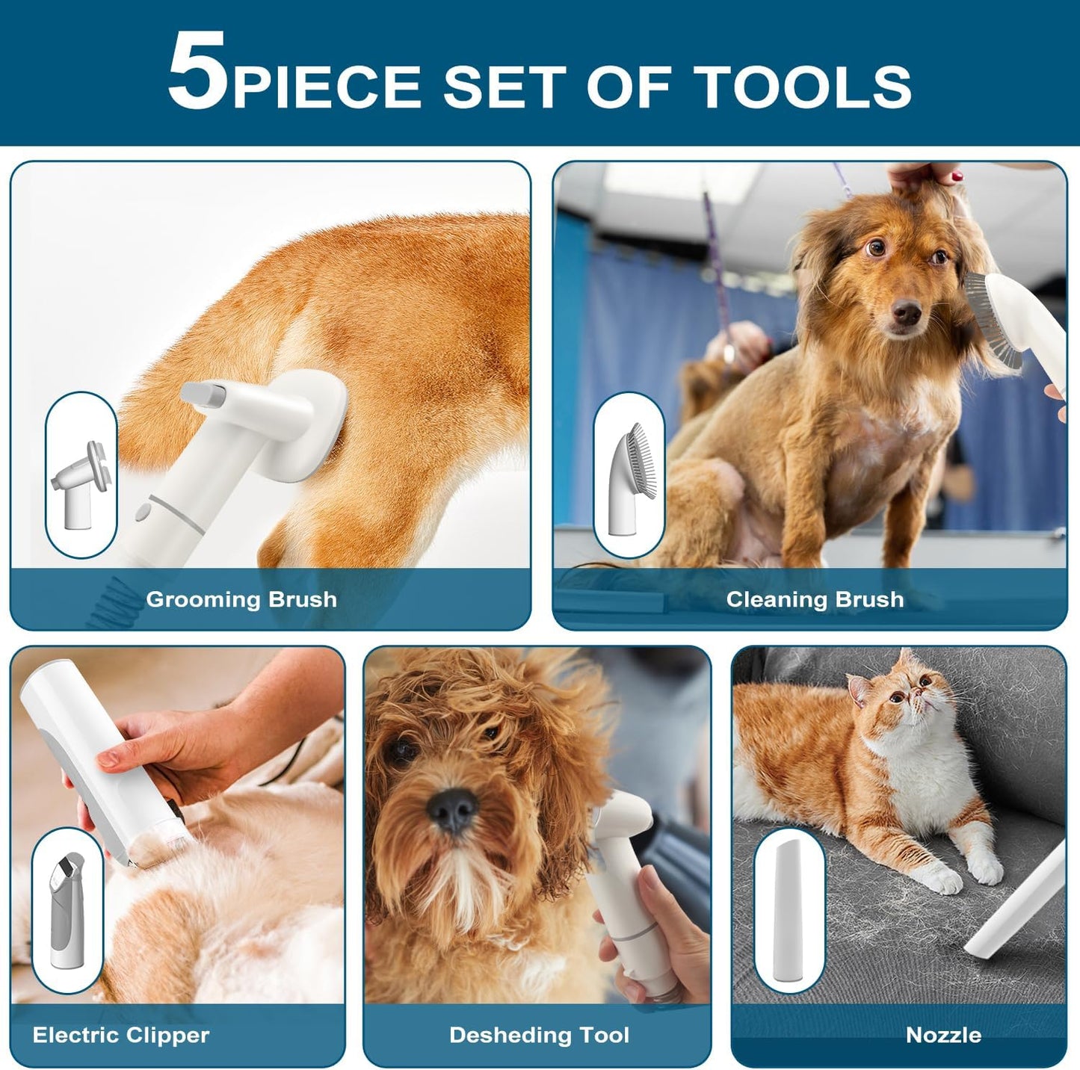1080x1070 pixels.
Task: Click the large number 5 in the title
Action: point(197,72)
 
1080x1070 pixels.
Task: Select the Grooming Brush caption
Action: point(241,599)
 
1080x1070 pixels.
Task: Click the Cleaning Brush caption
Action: point(815,599)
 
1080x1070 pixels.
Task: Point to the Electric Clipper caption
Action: point(121,1035)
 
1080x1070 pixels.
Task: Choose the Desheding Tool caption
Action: point(539,1035)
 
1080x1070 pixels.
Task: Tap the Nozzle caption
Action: point(943,1035)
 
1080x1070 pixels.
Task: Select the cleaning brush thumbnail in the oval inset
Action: point(629,478)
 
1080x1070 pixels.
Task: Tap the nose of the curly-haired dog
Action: point(452,809)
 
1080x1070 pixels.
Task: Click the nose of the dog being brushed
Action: point(907,312)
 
